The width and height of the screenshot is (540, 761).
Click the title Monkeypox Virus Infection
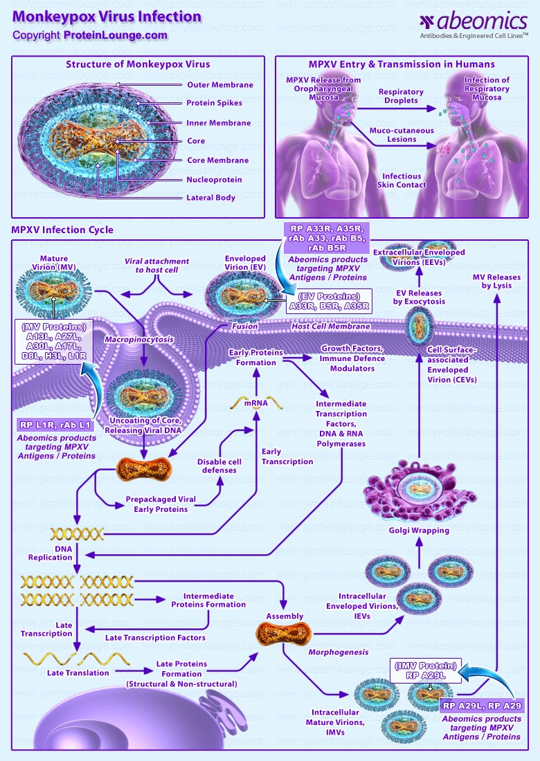[107, 17]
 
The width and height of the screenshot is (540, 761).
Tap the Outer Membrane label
[219, 85]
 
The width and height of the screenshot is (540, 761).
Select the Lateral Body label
[211, 198]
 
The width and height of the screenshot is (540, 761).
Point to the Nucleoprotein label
[215, 179]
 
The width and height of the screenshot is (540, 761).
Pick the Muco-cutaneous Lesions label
[402, 134]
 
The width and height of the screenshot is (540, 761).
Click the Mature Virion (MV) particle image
[53, 295]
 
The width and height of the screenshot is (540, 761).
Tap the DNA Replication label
[50, 553]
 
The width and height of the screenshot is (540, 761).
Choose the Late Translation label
[78, 672]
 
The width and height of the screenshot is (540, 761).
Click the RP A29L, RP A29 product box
[482, 706]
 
